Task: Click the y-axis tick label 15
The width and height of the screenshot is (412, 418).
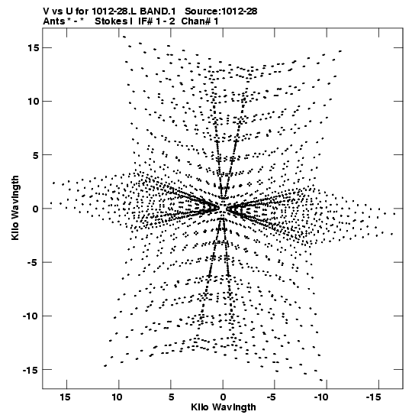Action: tap(33, 47)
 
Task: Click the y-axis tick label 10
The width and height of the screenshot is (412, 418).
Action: tap(33, 102)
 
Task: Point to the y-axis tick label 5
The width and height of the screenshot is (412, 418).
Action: tap(36, 155)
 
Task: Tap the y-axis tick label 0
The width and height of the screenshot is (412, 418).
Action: tap(36, 209)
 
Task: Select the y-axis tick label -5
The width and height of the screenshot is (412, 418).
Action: tap(33, 262)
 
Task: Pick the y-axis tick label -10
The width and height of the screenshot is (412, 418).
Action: tap(31, 316)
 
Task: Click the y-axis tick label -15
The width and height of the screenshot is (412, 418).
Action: tap(31, 370)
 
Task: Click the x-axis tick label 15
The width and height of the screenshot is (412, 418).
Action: tap(65, 397)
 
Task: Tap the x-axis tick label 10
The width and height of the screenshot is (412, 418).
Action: tap(117, 397)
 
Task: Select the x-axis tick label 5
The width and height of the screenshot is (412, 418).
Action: tap(171, 397)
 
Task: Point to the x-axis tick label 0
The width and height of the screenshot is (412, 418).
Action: tap(223, 397)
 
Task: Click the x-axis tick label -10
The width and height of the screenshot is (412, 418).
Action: tap(321, 397)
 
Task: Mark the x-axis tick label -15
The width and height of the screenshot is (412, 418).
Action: tap(373, 397)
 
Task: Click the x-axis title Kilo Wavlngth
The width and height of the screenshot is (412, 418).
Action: tap(224, 407)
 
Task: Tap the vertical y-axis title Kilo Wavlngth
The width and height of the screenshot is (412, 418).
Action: tap(15, 208)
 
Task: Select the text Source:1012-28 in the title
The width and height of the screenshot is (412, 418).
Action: tap(221, 11)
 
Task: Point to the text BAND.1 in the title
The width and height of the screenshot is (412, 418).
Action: tap(158, 11)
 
